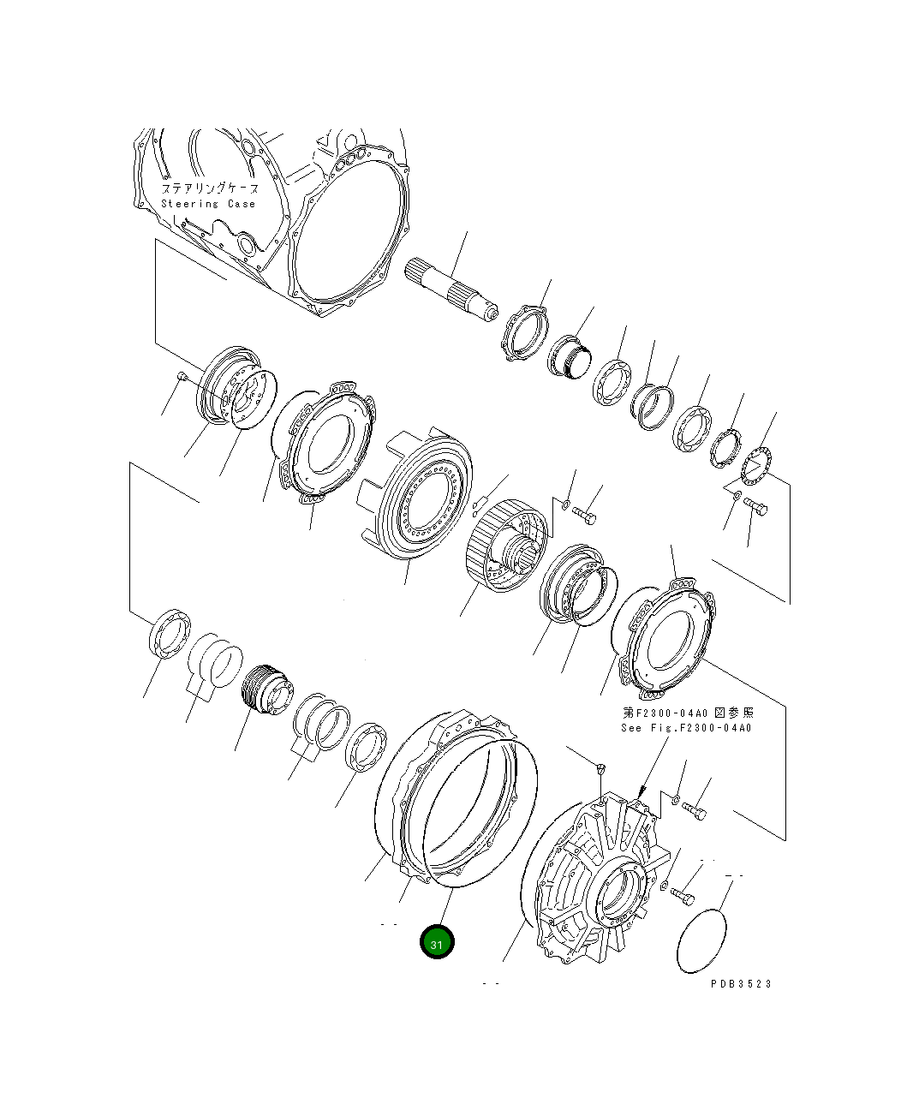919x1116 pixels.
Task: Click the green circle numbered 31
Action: (437, 942)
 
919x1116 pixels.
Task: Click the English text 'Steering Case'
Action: (208, 204)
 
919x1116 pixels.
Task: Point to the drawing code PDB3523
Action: (741, 983)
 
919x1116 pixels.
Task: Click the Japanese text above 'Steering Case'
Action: (210, 188)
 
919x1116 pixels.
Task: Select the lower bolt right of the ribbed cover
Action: (683, 894)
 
